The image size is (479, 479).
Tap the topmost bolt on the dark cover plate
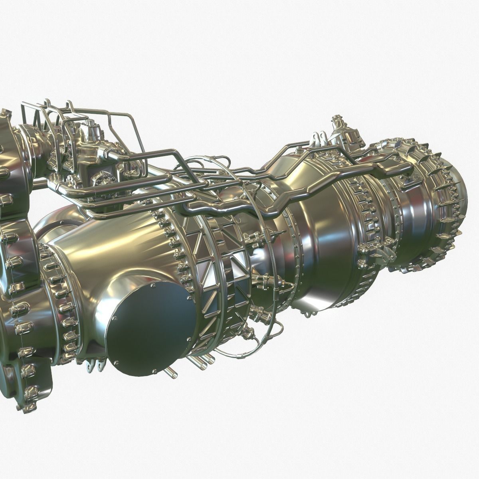154,286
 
